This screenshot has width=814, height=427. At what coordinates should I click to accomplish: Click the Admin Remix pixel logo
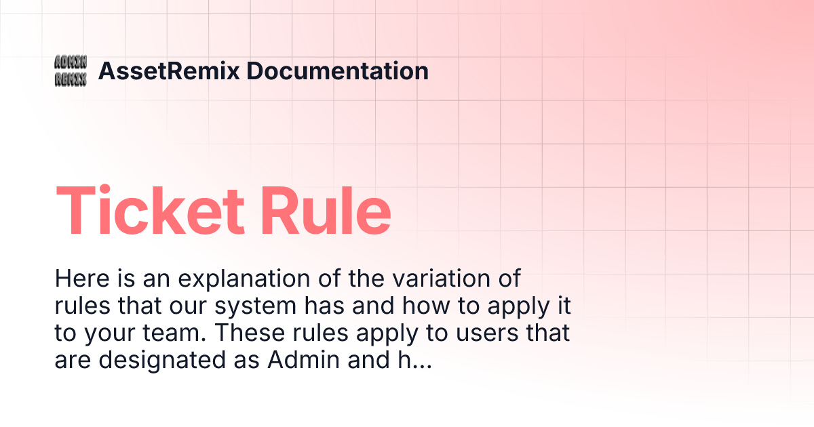(71, 71)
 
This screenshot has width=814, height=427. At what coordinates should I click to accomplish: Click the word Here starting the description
(79, 279)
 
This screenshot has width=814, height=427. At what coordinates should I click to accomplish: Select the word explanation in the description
(217, 279)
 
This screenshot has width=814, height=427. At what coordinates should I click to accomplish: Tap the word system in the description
(255, 306)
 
